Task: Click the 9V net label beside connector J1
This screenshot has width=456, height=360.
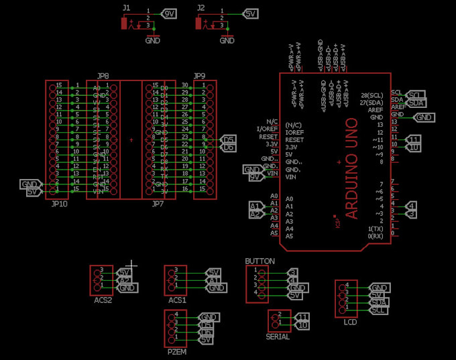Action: (x=170, y=13)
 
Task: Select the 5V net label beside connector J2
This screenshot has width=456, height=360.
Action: (x=250, y=13)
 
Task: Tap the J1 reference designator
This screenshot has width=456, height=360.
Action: (x=126, y=7)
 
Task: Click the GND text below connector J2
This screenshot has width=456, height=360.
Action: (x=227, y=40)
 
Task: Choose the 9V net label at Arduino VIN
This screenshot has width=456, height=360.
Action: (x=254, y=178)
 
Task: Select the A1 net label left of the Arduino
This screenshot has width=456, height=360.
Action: (x=255, y=206)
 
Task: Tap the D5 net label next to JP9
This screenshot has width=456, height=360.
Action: (x=229, y=139)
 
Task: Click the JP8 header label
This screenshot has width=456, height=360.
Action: (x=103, y=76)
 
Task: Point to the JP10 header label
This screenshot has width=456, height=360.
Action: (x=58, y=203)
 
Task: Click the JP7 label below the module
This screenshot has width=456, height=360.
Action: (x=158, y=203)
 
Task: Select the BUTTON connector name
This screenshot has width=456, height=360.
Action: (x=260, y=261)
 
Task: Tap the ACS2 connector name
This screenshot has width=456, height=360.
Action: (x=103, y=300)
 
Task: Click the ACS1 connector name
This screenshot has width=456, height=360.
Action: (x=177, y=300)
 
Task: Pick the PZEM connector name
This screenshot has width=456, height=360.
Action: (x=176, y=351)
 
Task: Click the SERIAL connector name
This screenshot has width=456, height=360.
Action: (x=278, y=337)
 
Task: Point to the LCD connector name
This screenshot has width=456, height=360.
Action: (x=349, y=322)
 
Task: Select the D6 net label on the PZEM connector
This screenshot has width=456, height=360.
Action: (x=207, y=333)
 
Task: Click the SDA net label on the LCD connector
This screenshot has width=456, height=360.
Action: (x=379, y=302)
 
